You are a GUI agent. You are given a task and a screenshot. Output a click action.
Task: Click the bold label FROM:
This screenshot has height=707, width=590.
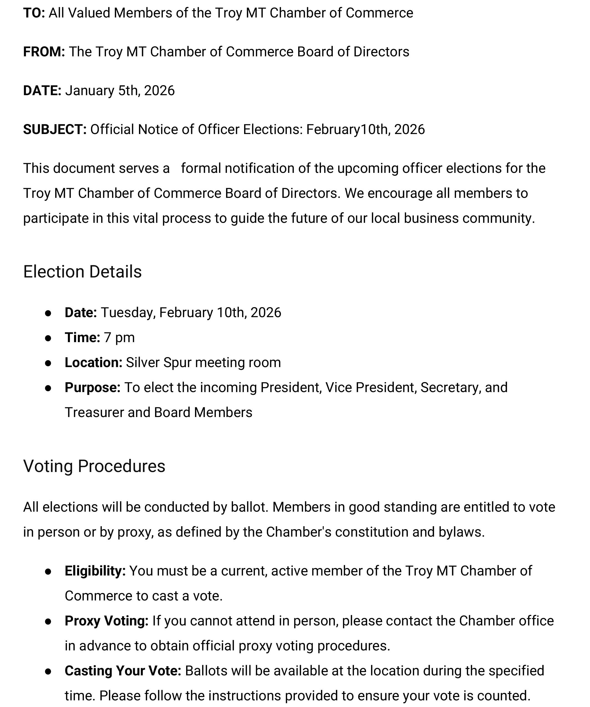[x=44, y=52]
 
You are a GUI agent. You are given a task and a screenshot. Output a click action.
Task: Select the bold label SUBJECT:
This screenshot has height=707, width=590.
[x=55, y=130]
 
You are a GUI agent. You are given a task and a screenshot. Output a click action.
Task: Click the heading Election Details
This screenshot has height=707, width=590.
[x=82, y=272]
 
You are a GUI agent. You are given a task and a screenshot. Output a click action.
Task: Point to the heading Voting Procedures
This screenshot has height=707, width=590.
[x=94, y=466]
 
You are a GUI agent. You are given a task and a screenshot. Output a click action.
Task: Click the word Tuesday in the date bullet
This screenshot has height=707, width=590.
[x=128, y=313]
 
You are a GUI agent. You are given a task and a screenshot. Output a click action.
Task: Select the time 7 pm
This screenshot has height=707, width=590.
[x=119, y=338]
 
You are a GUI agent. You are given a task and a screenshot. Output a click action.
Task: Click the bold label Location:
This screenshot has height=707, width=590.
[x=93, y=363]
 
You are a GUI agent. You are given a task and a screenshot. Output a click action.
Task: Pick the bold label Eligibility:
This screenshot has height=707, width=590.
[x=95, y=571]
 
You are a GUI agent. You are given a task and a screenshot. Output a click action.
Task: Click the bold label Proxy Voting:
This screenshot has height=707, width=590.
[x=106, y=621]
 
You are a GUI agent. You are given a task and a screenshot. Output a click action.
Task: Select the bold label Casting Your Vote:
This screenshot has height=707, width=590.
[x=123, y=671]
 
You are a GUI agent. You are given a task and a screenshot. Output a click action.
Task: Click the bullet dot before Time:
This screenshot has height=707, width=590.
[x=48, y=338]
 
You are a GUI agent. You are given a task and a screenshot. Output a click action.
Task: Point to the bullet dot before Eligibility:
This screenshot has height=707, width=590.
[x=48, y=571]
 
